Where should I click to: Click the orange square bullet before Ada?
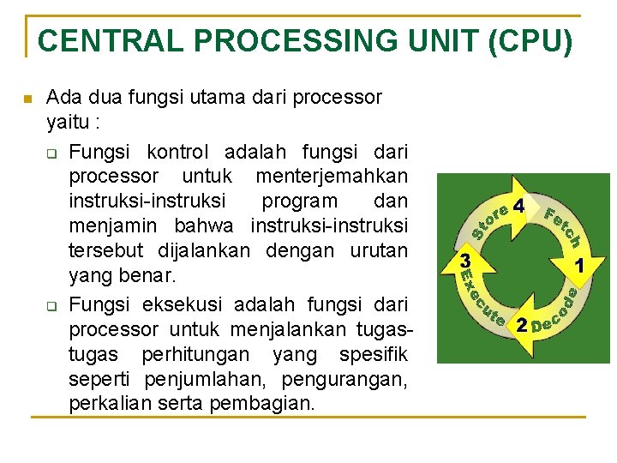pyautogui.click(x=27, y=99)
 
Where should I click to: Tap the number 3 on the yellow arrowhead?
pyautogui.click(x=464, y=259)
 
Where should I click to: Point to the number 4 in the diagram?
pyautogui.click(x=518, y=207)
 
